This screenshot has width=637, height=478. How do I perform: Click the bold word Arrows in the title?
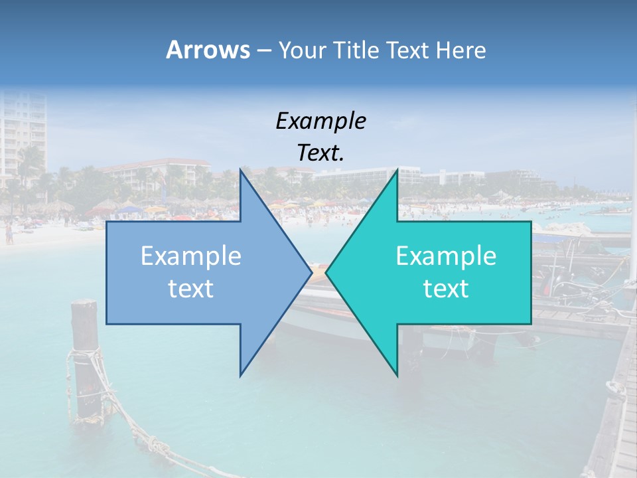pyautogui.click(x=208, y=50)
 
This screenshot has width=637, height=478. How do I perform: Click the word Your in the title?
pyautogui.click(x=303, y=50)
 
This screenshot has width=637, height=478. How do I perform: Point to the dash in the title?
pyautogui.click(x=263, y=50)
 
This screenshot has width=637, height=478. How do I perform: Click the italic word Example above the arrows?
pyautogui.click(x=320, y=121)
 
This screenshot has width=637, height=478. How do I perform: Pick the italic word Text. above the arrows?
pyautogui.click(x=320, y=153)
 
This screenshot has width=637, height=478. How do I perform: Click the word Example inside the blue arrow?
pyautogui.click(x=191, y=256)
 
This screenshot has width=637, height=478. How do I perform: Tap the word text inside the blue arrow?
pyautogui.click(x=191, y=289)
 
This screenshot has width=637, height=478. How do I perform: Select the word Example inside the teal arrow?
pyautogui.click(x=446, y=256)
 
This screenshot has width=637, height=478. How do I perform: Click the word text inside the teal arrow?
pyautogui.click(x=446, y=289)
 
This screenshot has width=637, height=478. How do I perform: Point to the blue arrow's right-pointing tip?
pyautogui.click(x=311, y=272)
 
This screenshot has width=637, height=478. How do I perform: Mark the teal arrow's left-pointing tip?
pyautogui.click(x=326, y=272)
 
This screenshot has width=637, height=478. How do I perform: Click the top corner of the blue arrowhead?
pyautogui.click(x=240, y=170)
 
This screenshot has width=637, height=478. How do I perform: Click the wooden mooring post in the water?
pyautogui.click(x=86, y=358)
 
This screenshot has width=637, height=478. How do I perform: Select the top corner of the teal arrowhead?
pyautogui.click(x=397, y=170)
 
